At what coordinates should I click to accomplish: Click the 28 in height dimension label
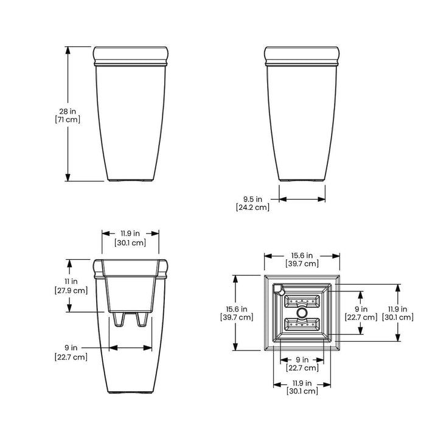68,111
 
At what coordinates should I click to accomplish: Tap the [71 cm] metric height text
68,120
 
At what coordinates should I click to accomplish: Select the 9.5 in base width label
252,199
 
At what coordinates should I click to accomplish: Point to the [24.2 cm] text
253,207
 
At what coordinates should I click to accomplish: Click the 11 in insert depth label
71,281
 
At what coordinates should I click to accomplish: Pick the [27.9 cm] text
71,290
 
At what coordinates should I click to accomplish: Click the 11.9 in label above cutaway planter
130,233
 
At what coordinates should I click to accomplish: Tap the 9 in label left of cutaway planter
71,347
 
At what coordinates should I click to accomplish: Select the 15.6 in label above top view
302,255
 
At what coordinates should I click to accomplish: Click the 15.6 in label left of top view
237,309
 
